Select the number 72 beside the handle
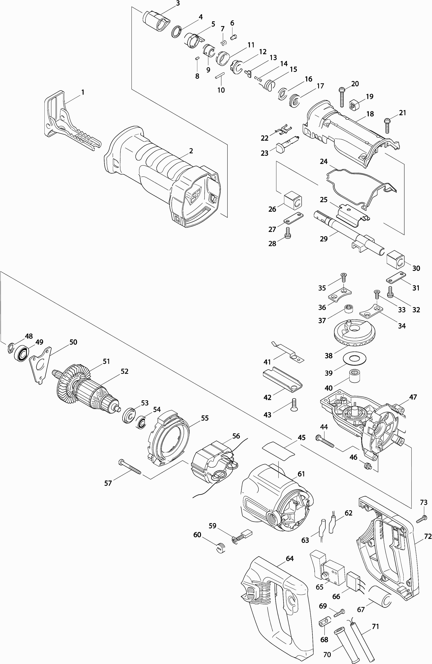pyautogui.click(x=428, y=536)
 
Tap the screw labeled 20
pyautogui.click(x=342, y=97)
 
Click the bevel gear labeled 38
pyautogui.click(x=354, y=333)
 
